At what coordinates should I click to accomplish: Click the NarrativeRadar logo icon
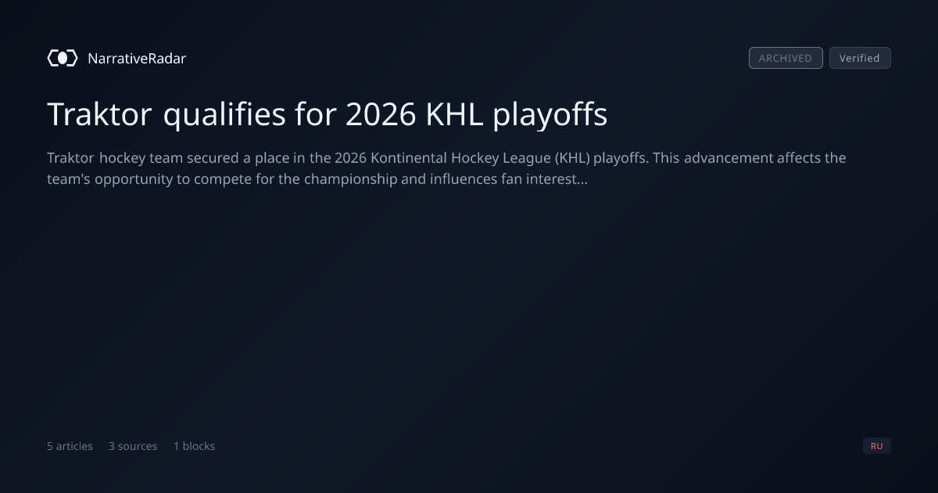click(x=63, y=58)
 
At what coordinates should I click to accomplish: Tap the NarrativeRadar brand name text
click(x=137, y=58)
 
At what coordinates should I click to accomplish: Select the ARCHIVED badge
click(x=786, y=58)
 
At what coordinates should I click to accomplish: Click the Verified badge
click(x=860, y=58)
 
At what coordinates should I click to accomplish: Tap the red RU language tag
click(x=877, y=445)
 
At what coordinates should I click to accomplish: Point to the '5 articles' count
click(x=70, y=446)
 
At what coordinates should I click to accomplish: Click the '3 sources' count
click(x=133, y=446)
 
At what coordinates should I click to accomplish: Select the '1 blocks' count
click(x=195, y=446)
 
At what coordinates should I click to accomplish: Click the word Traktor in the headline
click(x=99, y=114)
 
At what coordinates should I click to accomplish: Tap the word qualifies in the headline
click(x=224, y=115)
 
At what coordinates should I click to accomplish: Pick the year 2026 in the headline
click(x=381, y=114)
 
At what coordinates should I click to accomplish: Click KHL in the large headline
click(x=454, y=114)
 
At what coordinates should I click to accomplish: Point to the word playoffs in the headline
click(x=550, y=115)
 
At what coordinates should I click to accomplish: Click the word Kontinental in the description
click(x=409, y=158)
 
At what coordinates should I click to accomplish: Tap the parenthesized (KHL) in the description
click(x=572, y=158)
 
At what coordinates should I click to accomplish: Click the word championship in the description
click(x=350, y=180)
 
